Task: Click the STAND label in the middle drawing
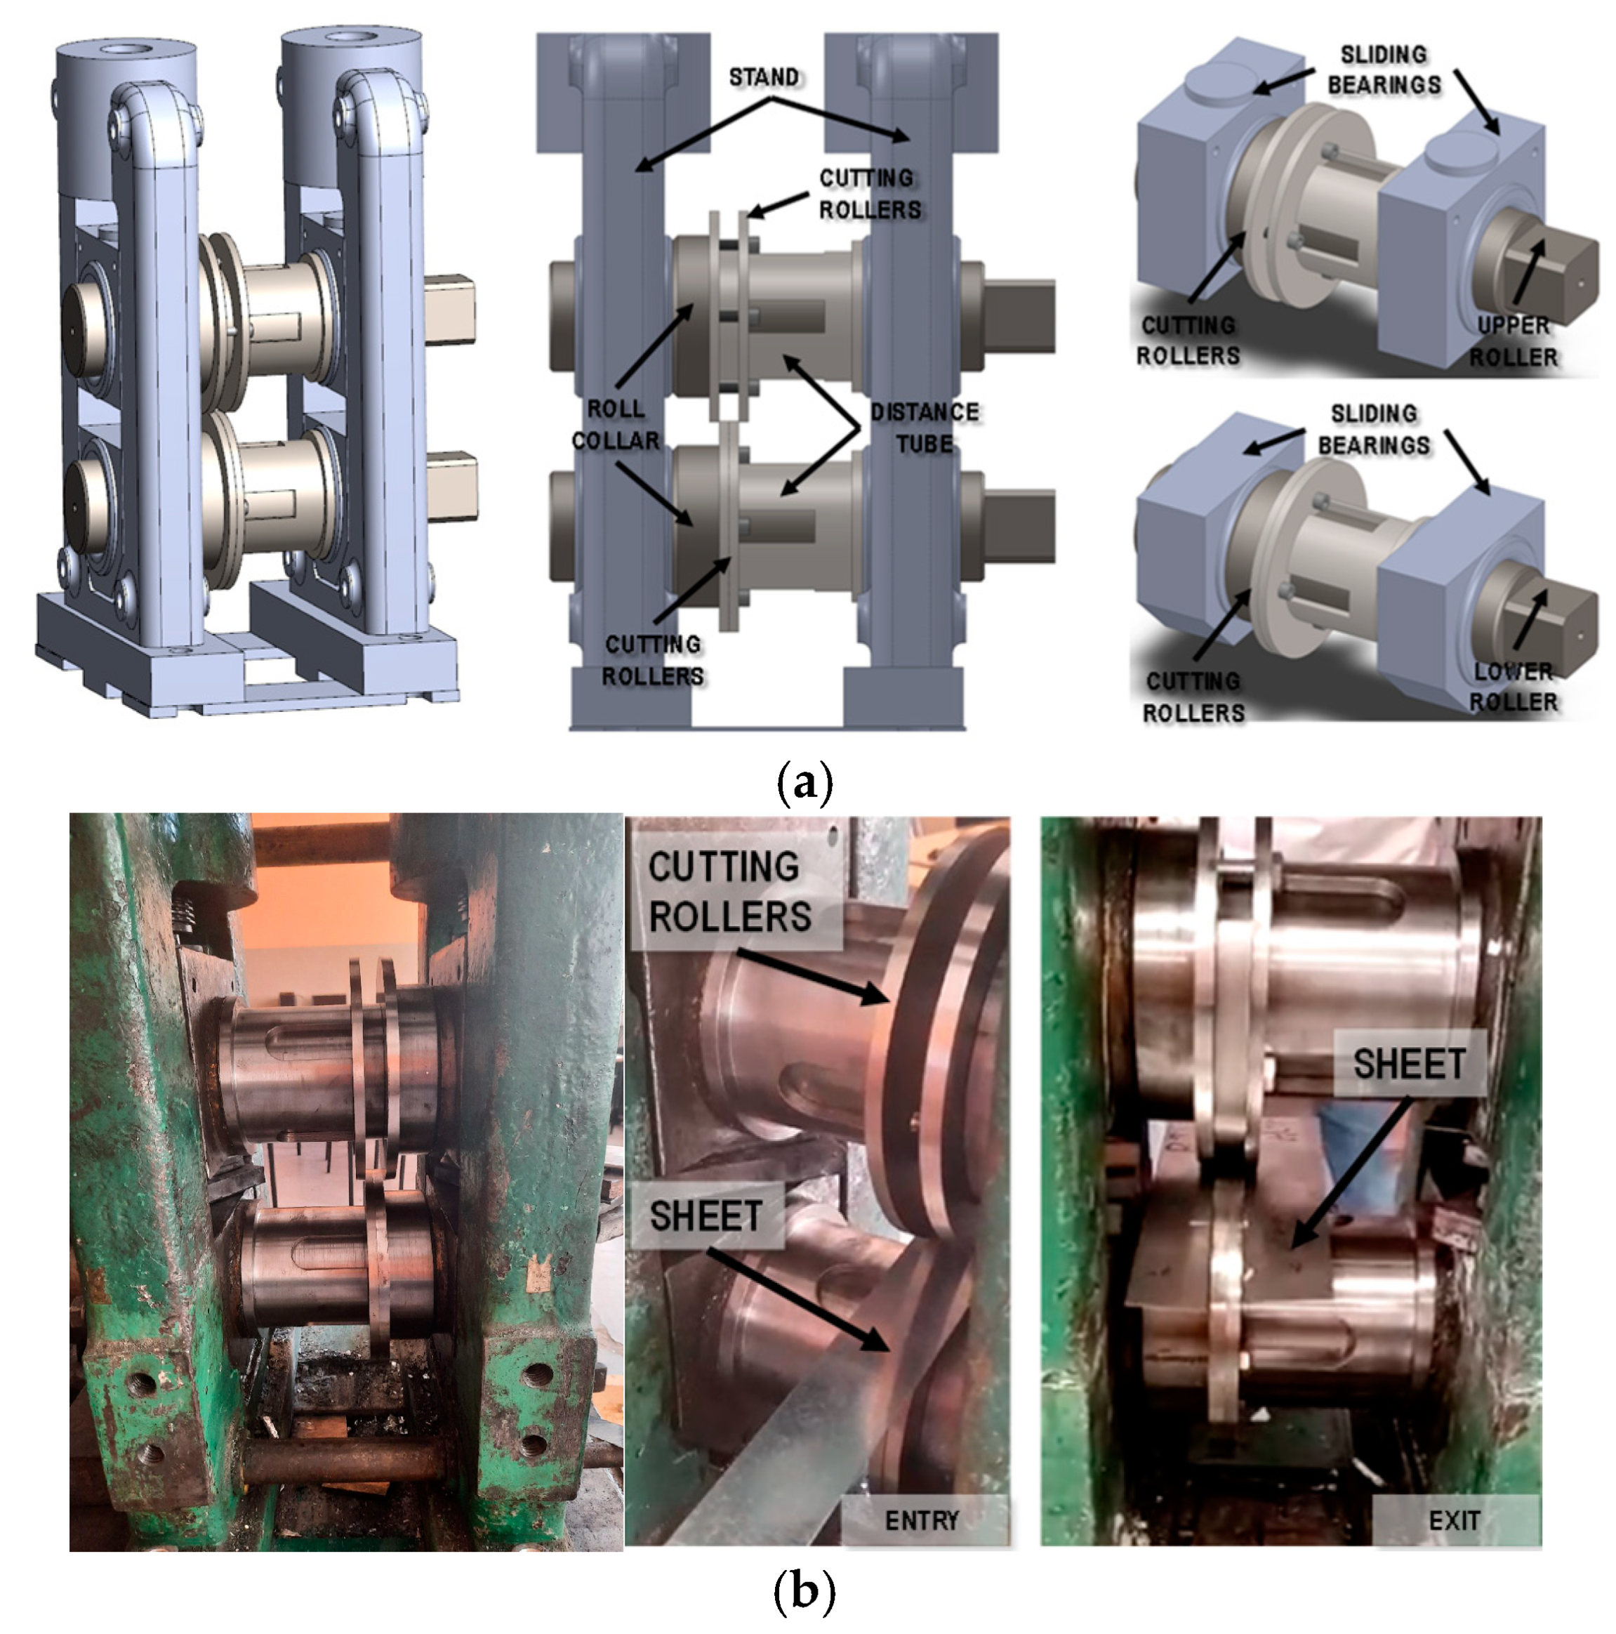[763, 78]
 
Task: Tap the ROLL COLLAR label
[615, 425]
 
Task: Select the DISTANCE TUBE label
[925, 427]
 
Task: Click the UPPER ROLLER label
[1513, 341]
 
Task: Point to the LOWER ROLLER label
[1513, 686]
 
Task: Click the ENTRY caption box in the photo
[922, 1520]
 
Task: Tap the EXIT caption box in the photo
[1454, 1520]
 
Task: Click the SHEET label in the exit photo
[1408, 1063]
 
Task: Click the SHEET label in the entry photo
[706, 1216]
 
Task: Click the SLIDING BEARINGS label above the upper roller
[1384, 70]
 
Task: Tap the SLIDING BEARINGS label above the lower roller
[1372, 429]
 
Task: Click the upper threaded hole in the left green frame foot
[145, 1385]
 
